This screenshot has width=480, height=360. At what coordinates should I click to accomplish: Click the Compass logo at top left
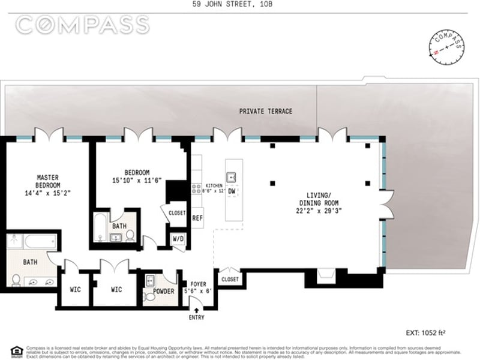pyautogui.click(x=82, y=25)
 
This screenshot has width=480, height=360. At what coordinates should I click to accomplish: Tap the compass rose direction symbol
pyautogui.click(x=446, y=46)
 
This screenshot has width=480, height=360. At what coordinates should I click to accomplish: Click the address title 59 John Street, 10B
pyautogui.click(x=240, y=5)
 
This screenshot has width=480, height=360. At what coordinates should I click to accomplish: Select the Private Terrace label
pyautogui.click(x=266, y=112)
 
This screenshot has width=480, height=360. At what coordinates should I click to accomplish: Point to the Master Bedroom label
pyautogui.click(x=47, y=181)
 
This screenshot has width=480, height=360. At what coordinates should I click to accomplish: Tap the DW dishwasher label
pyautogui.click(x=232, y=191)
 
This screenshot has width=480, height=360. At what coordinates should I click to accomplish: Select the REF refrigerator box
pyautogui.click(x=197, y=218)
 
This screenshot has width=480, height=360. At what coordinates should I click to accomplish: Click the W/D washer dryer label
pyautogui.click(x=178, y=239)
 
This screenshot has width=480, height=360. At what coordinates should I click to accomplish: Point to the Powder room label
pyautogui.click(x=163, y=292)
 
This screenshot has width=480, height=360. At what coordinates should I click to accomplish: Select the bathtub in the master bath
pyautogui.click(x=41, y=242)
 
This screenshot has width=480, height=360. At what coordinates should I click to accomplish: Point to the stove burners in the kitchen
pyautogui.click(x=196, y=188)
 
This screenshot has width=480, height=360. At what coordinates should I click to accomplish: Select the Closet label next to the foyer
pyautogui.click(x=229, y=280)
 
